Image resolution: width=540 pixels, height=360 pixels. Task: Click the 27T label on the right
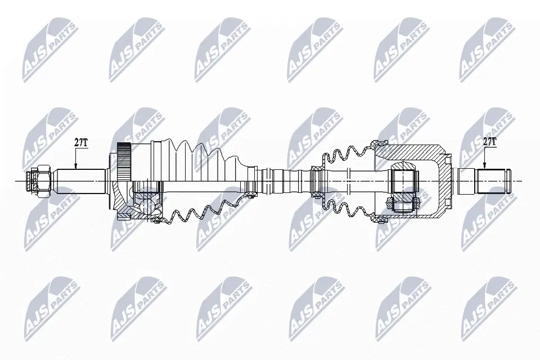point(490,143)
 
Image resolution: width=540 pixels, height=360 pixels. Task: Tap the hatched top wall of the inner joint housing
point(411,151)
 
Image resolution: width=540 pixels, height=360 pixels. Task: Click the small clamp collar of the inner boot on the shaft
point(318,180)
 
